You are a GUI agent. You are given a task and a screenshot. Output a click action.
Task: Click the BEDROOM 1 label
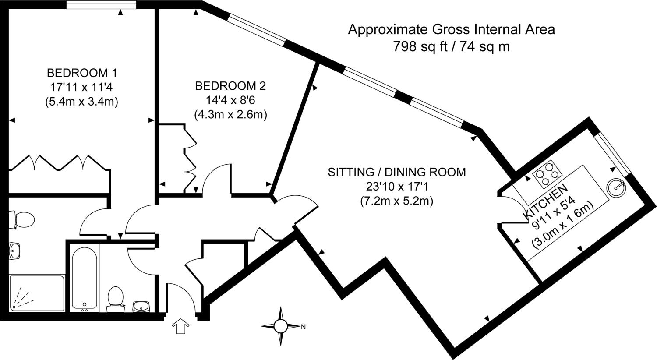click(x=82, y=72)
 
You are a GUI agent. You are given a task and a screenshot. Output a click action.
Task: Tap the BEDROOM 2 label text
click(x=230, y=85)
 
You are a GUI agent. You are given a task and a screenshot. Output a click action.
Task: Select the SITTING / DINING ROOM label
click(x=397, y=172)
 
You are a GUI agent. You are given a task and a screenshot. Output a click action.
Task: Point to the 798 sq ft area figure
click(x=419, y=46)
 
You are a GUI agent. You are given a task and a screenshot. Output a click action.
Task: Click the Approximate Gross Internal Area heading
click(x=451, y=30)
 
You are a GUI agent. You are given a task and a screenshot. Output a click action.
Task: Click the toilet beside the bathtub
click(x=115, y=298)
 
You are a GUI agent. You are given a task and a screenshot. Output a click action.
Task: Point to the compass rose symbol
click(x=280, y=326)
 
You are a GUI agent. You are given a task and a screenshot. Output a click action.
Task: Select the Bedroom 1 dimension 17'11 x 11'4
click(x=82, y=87)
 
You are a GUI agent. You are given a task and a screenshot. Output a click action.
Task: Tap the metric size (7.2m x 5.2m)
click(x=397, y=201)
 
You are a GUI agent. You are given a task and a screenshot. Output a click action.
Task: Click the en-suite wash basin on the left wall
click(x=14, y=251)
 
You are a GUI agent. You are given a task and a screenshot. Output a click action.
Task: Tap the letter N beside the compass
click(x=303, y=327)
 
